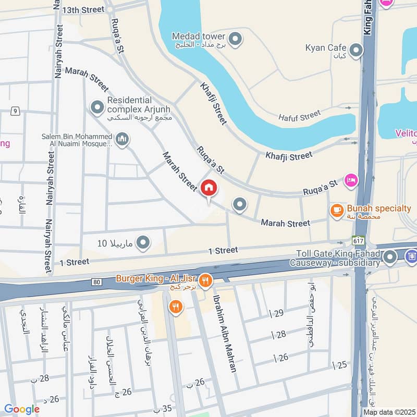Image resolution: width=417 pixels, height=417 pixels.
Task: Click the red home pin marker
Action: pos(209,188)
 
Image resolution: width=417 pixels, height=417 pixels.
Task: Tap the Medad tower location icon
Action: pos(236,38)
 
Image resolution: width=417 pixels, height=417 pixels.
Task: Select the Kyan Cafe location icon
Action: pos(356,50)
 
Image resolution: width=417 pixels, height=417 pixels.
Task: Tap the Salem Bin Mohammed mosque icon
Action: pos(122,139)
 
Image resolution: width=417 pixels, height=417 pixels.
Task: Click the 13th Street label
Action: pos(83,10)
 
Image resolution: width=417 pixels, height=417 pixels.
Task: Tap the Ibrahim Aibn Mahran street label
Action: pos(224,334)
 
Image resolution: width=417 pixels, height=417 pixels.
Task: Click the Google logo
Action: pos(21,409)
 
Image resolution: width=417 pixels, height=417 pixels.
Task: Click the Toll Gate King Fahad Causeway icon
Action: pos(389,257)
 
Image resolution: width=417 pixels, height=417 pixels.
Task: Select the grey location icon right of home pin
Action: pos(239,205)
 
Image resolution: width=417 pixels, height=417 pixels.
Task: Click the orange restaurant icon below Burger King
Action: pos(175,308)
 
